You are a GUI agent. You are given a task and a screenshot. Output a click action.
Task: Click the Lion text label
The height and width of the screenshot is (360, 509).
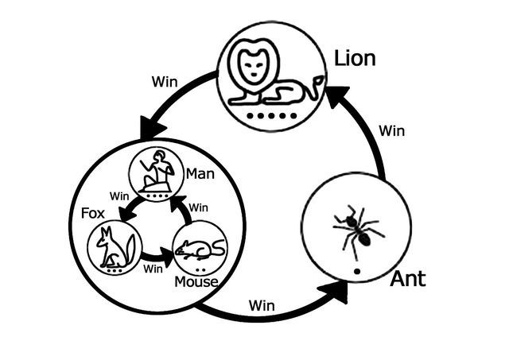click(355, 58)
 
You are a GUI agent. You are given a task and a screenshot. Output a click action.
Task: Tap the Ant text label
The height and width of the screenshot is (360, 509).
click(407, 279)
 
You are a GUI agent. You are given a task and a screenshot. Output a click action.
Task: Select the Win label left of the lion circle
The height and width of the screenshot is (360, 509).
click(164, 81)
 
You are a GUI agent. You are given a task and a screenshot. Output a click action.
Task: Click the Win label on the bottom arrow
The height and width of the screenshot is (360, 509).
click(262, 304)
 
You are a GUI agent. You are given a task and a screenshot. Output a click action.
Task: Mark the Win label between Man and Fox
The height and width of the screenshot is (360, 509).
click(119, 195)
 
